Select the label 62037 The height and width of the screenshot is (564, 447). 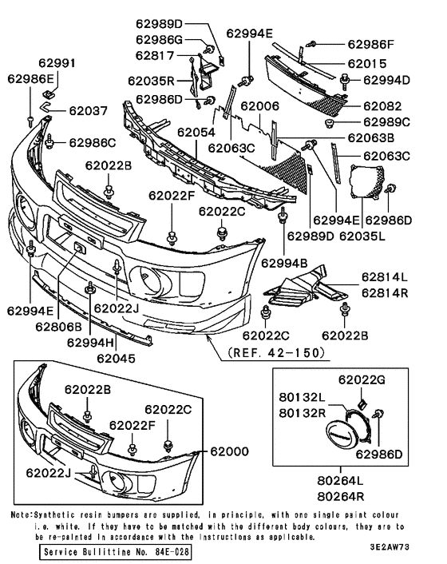point(87,111)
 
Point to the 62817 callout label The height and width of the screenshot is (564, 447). point(154,55)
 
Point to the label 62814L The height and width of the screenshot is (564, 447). point(384,276)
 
